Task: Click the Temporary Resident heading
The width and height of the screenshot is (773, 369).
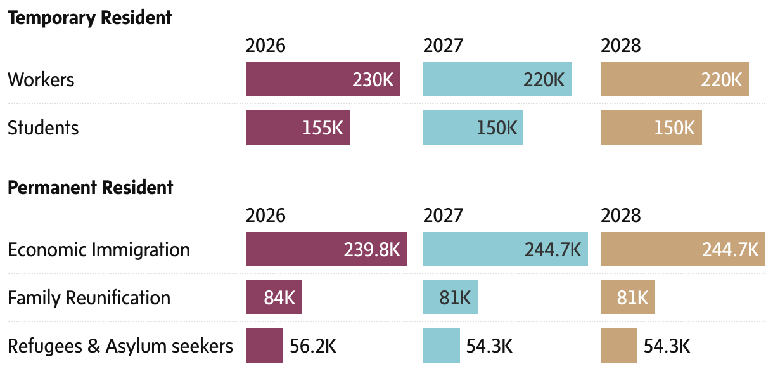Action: pyautogui.click(x=89, y=18)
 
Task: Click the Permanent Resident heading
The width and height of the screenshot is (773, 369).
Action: pyautogui.click(x=90, y=188)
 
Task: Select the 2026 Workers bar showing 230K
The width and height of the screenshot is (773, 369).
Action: pyautogui.click(x=323, y=79)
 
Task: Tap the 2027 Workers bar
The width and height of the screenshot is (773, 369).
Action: pyautogui.click(x=497, y=79)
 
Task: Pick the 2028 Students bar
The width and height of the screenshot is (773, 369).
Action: pyautogui.click(x=651, y=127)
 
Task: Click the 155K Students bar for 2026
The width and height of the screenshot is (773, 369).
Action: pyautogui.click(x=297, y=127)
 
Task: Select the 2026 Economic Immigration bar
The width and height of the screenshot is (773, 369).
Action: pyautogui.click(x=326, y=249)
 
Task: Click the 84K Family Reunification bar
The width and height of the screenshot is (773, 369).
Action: pyautogui.click(x=273, y=297)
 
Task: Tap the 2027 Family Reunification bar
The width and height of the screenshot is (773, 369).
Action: pyautogui.click(x=450, y=297)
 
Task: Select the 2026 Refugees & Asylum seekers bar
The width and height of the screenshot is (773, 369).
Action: pyautogui.click(x=264, y=346)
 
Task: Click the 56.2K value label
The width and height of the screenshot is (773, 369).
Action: pyautogui.click(x=313, y=346)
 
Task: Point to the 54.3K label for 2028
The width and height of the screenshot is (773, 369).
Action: pyautogui.click(x=667, y=346)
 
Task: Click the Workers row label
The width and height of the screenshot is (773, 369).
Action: pyautogui.click(x=41, y=80)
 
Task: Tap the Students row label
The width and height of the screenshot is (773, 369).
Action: pyautogui.click(x=43, y=128)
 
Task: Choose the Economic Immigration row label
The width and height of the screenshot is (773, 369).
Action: pyautogui.click(x=98, y=250)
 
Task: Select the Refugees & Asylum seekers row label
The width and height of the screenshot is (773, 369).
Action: pyautogui.click(x=120, y=346)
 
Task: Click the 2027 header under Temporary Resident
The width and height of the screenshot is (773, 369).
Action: pyautogui.click(x=443, y=46)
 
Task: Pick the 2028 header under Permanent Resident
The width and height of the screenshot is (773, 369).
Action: pyautogui.click(x=620, y=216)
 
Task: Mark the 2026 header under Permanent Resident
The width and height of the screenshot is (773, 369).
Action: pyautogui.click(x=265, y=216)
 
